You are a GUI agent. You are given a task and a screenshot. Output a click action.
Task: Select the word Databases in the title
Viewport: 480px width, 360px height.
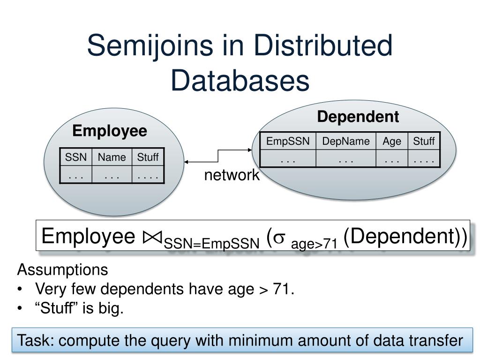240,81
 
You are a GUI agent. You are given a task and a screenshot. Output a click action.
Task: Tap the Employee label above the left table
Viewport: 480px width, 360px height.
110,131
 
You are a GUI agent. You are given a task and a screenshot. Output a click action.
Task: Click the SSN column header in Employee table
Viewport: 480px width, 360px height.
76,157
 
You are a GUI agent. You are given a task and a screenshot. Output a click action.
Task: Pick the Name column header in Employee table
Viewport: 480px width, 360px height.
112,157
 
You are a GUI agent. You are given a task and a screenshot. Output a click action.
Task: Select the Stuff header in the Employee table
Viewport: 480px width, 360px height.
148,157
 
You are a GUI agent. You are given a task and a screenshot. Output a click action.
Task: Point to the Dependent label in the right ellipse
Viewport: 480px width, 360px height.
358,117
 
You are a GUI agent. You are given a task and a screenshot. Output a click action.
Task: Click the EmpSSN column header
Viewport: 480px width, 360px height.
288,141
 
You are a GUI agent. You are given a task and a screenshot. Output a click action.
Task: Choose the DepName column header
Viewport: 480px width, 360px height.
346,141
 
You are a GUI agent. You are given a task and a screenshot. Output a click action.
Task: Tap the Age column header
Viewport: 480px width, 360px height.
392,141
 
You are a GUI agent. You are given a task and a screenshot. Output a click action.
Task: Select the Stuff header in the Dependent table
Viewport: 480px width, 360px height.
424,141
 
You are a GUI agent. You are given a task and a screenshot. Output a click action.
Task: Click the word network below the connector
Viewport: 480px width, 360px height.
231,175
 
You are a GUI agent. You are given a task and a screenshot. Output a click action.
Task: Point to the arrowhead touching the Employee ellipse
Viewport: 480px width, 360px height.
187,162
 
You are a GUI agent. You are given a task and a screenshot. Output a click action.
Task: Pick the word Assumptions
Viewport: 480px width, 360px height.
62,270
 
